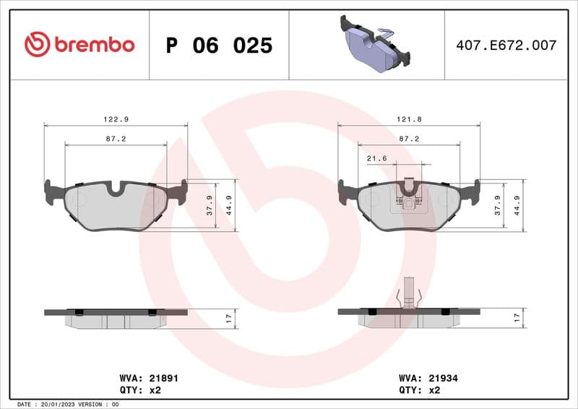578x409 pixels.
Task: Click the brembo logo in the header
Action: [x=79, y=45]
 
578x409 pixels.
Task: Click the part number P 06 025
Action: [x=219, y=46]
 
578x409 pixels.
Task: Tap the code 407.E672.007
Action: [x=506, y=45]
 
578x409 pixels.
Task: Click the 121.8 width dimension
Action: [x=409, y=119]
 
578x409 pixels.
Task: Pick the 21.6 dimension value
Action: [x=377, y=158]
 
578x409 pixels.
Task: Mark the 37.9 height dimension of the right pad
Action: [x=497, y=206]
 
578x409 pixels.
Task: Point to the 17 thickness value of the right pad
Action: [x=517, y=317]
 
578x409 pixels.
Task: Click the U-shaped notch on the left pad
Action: [x=116, y=189]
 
